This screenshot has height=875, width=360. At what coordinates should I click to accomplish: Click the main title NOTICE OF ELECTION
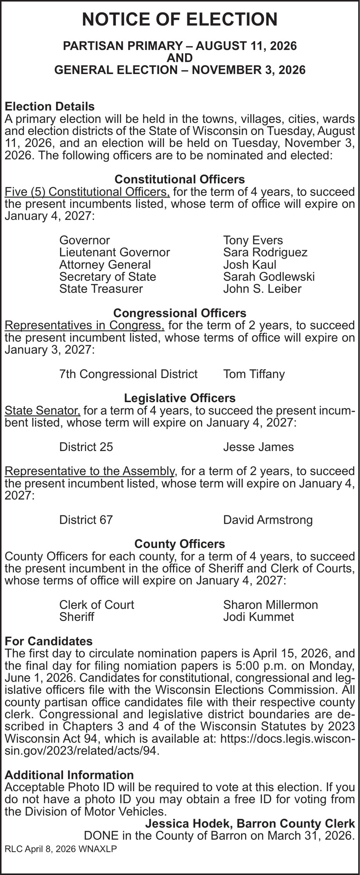[x=180, y=20]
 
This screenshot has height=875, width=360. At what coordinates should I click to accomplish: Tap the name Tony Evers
[x=253, y=240]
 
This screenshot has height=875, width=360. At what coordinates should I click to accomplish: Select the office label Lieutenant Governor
[x=115, y=252]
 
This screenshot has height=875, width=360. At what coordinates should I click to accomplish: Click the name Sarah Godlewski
[x=269, y=276]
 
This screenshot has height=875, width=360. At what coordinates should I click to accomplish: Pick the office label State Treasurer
[x=101, y=289]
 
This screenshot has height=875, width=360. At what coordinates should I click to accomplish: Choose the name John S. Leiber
[x=262, y=289]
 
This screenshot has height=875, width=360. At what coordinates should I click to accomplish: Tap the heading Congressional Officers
[x=180, y=313]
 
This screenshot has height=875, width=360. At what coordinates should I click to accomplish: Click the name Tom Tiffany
[x=254, y=374]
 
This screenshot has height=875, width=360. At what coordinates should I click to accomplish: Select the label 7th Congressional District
[x=128, y=374]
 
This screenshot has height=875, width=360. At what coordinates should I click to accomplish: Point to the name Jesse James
[x=258, y=447]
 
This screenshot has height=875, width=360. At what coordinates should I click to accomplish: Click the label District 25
[x=86, y=447]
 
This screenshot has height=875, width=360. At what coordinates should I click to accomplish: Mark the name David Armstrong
[x=268, y=520]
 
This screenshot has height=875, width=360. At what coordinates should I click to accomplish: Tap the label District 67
[x=86, y=520]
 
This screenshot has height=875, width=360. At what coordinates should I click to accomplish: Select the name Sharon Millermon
[x=270, y=605]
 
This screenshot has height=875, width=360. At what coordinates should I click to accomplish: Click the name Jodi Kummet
[x=258, y=617]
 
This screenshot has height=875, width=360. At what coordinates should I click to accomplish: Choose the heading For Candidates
[x=49, y=641]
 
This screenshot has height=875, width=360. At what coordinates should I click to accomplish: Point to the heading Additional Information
[x=69, y=775]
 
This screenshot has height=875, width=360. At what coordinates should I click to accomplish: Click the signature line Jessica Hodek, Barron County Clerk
[x=250, y=824]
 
